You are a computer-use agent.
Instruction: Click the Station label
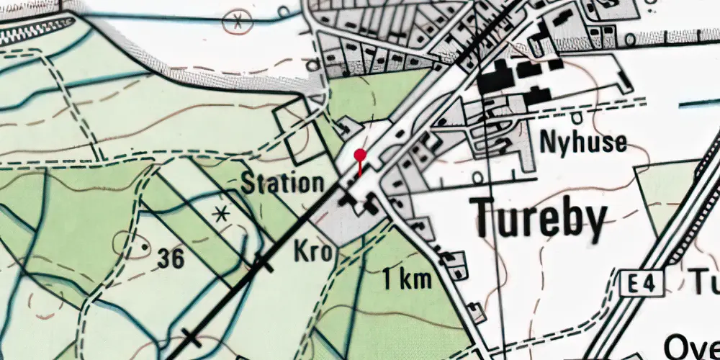282,184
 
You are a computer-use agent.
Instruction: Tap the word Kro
313,252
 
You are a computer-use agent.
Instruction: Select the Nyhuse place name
583,142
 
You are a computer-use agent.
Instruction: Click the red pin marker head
360,154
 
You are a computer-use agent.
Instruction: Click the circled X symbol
235,22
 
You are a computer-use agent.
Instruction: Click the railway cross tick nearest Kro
261,265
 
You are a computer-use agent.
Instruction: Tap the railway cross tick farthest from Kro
190,336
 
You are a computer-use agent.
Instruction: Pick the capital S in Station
248,184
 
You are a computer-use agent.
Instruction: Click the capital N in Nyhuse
549,142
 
